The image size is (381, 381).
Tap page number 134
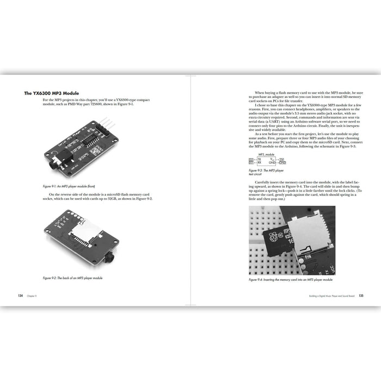[x=20, y=296]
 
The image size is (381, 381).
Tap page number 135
[x=361, y=296]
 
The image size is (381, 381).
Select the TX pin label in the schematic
[x=259, y=159]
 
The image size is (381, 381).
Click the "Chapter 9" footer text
[x=33, y=296]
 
